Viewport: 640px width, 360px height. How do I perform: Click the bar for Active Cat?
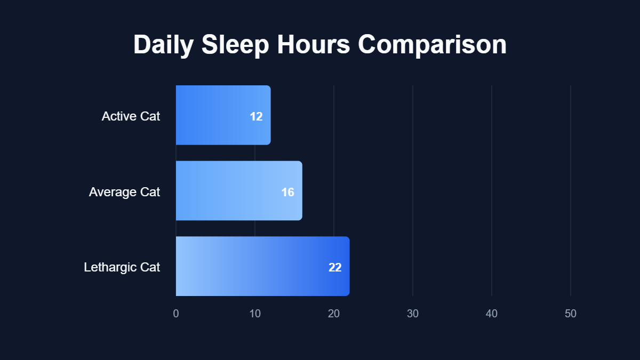pyautogui.click(x=219, y=115)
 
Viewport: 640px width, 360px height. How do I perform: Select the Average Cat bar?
pyautogui.click(x=235, y=191)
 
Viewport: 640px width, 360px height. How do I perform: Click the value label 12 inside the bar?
pyautogui.click(x=256, y=116)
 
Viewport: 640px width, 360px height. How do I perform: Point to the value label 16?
pyautogui.click(x=288, y=192)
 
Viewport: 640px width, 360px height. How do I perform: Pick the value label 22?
pyautogui.click(x=335, y=267)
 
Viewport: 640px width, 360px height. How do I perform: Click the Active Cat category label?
pyautogui.click(x=131, y=116)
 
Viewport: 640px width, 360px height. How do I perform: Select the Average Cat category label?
pyautogui.click(x=124, y=191)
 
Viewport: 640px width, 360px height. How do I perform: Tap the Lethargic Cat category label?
pyautogui.click(x=122, y=267)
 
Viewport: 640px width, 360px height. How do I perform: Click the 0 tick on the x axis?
pyautogui.click(x=176, y=314)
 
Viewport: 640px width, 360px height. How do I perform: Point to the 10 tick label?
pyautogui.click(x=255, y=314)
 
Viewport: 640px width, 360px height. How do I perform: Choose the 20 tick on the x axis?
pyautogui.click(x=334, y=314)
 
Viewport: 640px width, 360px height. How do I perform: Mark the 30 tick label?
pyautogui.click(x=413, y=314)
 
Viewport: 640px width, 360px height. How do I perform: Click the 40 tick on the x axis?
pyautogui.click(x=492, y=314)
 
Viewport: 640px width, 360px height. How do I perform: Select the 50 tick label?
pyautogui.click(x=571, y=314)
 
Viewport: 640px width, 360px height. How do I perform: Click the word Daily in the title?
pyautogui.click(x=163, y=45)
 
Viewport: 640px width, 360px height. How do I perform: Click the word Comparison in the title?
pyautogui.click(x=432, y=45)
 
